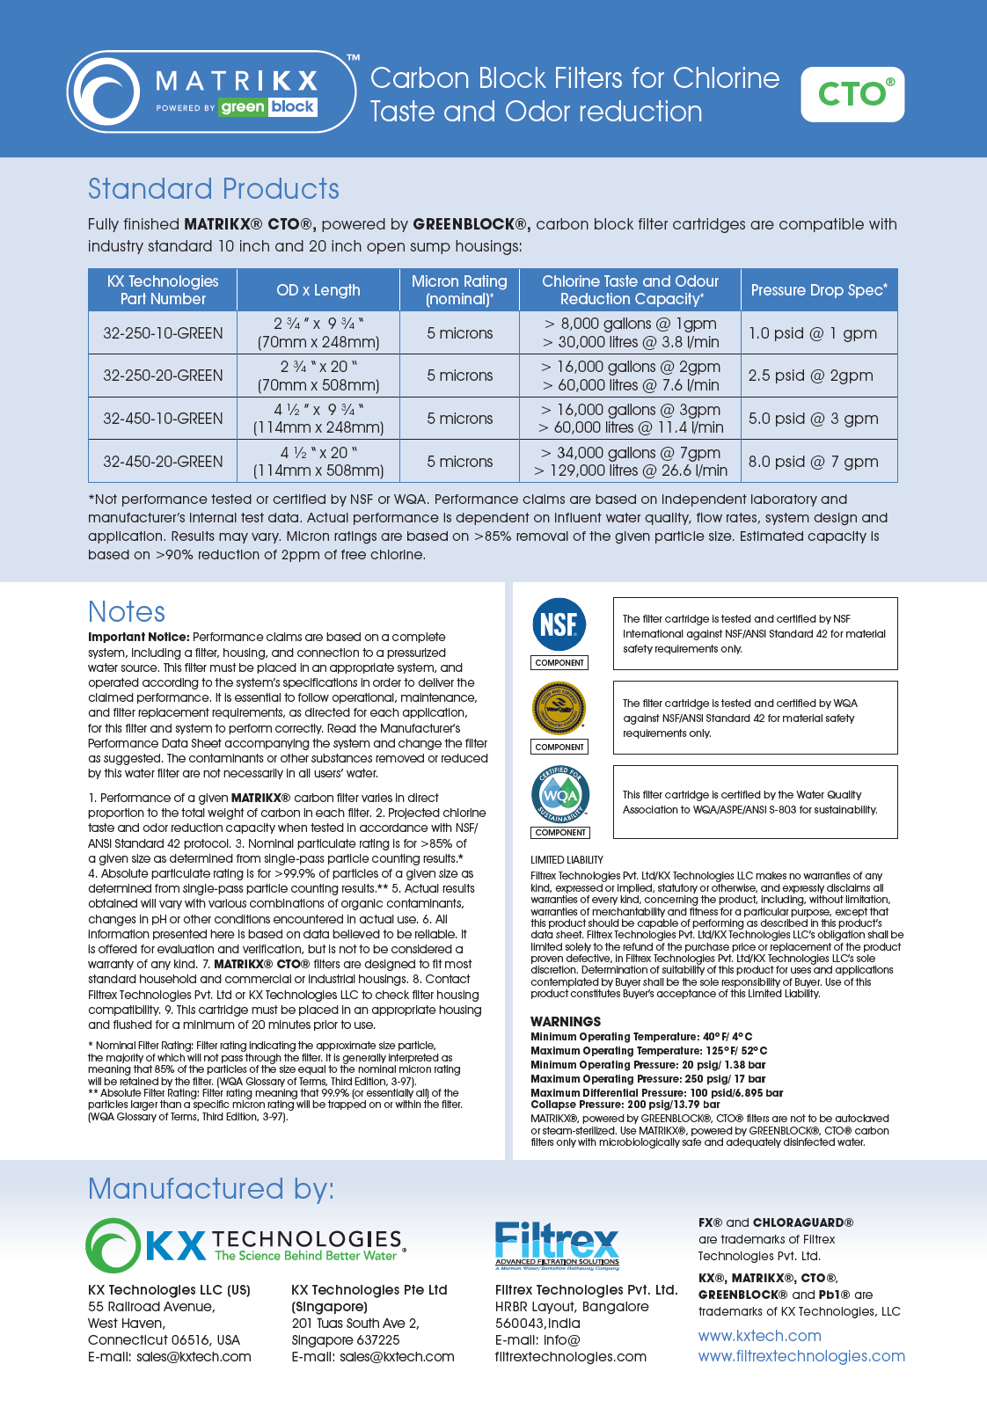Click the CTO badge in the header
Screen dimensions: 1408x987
[x=852, y=94]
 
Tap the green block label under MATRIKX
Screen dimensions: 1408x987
[x=267, y=107]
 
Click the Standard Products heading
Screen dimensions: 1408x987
[x=214, y=189]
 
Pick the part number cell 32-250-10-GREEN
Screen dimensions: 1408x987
[x=163, y=333]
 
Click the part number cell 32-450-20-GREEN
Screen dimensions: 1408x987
[x=163, y=462]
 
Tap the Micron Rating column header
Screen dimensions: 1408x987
[x=459, y=290]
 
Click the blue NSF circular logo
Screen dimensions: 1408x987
[x=559, y=624]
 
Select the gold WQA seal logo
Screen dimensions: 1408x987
[x=559, y=708]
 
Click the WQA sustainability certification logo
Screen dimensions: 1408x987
[x=559, y=794]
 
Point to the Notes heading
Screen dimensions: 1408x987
[x=127, y=612]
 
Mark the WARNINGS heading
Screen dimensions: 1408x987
[x=566, y=1022]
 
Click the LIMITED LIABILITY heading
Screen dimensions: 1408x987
[x=567, y=860]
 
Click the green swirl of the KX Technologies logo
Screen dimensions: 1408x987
[x=113, y=1245]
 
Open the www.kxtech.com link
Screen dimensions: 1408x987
[x=759, y=1336]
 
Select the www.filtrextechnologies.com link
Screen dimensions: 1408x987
[x=801, y=1356]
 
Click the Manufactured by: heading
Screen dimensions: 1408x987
[x=211, y=1189]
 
